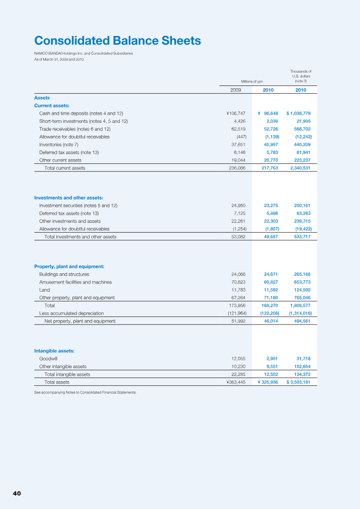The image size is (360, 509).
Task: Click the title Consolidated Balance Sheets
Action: point(117,41)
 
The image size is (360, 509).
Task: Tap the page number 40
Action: point(17,493)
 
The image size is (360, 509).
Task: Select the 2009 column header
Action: point(235,90)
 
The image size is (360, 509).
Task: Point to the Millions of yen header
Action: point(252,81)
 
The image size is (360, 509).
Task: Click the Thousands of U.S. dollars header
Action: point(301,76)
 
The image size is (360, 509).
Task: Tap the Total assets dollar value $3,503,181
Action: point(298,382)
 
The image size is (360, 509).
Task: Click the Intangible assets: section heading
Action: point(54,351)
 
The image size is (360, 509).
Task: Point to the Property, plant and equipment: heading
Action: point(69,266)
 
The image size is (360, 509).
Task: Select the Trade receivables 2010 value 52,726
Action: point(271,129)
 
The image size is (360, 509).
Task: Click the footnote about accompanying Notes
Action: point(85,392)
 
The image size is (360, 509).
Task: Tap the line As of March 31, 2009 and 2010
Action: point(59,59)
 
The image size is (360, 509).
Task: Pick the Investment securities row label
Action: point(78,206)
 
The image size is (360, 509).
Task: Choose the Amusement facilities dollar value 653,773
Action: point(300,282)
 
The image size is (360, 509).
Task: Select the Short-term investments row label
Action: point(83,121)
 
